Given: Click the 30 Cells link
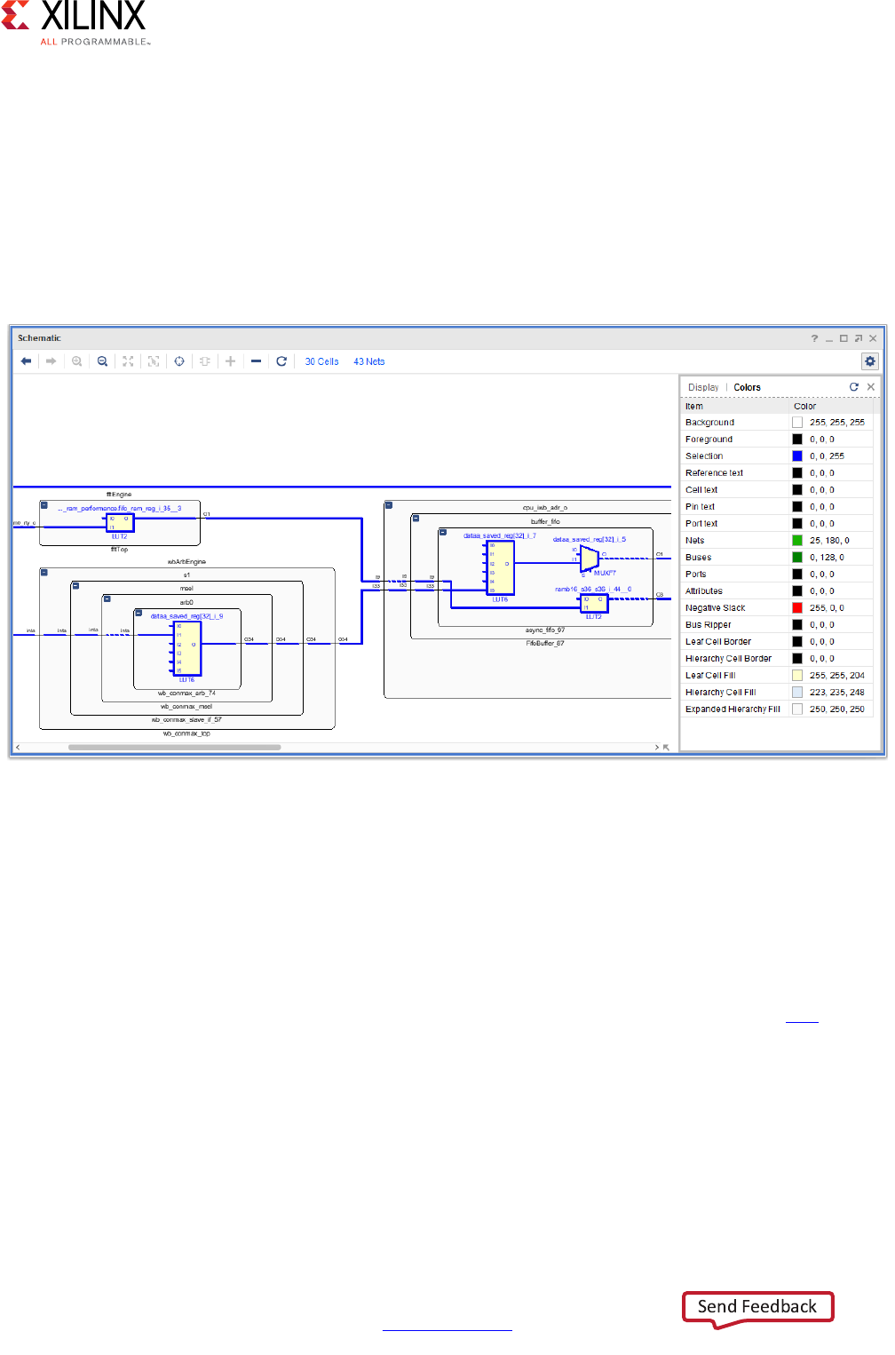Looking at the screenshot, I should click(x=321, y=361).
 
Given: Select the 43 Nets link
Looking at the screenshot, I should click(x=369, y=361).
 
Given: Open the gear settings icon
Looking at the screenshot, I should click(x=870, y=361).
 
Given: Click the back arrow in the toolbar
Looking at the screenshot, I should click(x=27, y=361).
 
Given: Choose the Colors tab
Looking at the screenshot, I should click(x=747, y=387).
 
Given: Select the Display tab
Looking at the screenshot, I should click(x=703, y=387).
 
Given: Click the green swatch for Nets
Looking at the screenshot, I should click(x=797, y=541).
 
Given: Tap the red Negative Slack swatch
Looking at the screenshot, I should click(x=797, y=608).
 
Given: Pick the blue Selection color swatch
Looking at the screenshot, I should click(x=797, y=456).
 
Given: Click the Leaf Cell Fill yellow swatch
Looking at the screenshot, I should click(x=797, y=676).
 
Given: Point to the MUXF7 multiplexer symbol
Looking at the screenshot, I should click(x=590, y=559).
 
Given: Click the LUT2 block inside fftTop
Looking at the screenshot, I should click(x=120, y=523).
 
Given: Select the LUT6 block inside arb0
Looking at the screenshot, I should click(x=188, y=648).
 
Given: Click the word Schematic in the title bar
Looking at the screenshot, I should click(x=40, y=338).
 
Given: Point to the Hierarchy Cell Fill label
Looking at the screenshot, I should click(x=720, y=693).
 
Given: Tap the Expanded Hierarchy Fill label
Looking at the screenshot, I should click(x=733, y=709).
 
